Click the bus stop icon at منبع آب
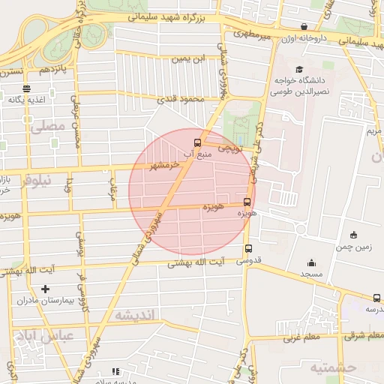click(198, 142)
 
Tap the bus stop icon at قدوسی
click(248, 249)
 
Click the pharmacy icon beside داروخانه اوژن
click(303, 26)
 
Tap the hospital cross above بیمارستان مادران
click(46, 289)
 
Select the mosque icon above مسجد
click(311, 262)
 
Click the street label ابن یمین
click(189, 58)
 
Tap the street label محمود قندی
click(178, 98)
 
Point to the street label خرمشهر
click(166, 164)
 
